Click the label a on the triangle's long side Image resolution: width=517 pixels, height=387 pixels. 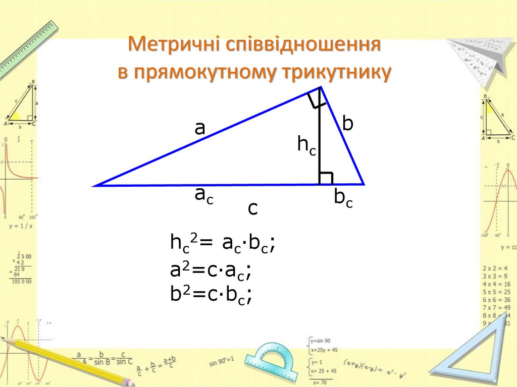click(x=200, y=129)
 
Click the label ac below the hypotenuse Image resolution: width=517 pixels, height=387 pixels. click(x=204, y=195)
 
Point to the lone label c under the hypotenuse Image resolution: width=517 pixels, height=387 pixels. click(x=252, y=208)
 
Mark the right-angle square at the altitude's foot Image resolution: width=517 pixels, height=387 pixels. click(x=326, y=178)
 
